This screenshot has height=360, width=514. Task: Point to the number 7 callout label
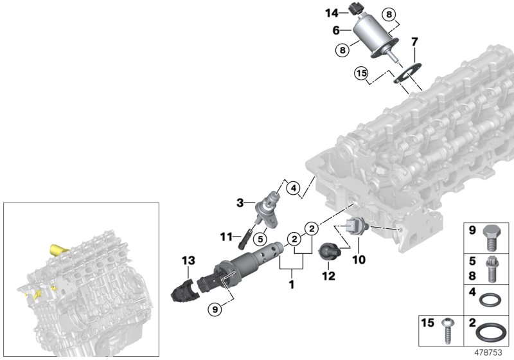pos(414,42)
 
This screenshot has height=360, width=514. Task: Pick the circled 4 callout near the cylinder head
pos(292,188)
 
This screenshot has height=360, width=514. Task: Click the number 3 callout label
pos(240,203)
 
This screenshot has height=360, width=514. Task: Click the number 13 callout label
pos(187,260)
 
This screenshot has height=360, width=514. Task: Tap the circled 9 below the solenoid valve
pos(217,309)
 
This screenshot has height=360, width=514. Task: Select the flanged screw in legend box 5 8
pos(492,271)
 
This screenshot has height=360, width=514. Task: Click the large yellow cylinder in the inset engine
pos(59,248)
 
